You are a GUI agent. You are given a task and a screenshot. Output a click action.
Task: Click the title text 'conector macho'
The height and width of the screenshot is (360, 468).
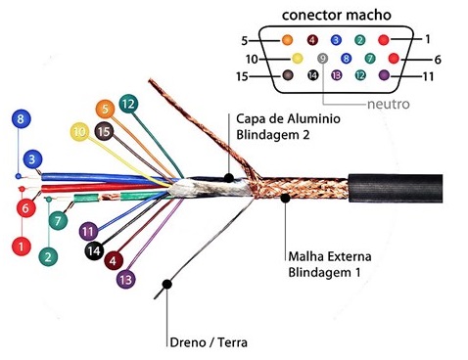click(336, 15)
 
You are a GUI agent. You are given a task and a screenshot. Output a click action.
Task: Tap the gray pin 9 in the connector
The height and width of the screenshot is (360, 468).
click(322, 59)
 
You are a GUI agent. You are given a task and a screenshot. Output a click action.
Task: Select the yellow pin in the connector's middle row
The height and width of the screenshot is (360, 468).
click(297, 59)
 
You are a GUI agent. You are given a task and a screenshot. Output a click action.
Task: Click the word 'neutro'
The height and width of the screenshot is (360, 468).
click(389, 104)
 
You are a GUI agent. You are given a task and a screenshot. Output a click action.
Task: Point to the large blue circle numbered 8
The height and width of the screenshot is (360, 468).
click(21, 118)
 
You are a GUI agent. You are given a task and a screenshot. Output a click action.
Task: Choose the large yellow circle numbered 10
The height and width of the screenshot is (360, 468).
click(79, 132)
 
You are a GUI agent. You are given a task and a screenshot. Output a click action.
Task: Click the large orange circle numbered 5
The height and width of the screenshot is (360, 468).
click(105, 109)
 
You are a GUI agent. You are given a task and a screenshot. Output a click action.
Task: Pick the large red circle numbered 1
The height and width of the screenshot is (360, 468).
click(22, 247)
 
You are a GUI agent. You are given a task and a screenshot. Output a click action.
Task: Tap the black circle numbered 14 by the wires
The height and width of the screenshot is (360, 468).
click(94, 250)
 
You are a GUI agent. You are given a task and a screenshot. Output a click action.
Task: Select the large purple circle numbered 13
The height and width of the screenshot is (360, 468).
click(126, 279)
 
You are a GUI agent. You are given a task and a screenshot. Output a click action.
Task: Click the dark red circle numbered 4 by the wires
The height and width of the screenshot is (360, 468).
click(114, 260)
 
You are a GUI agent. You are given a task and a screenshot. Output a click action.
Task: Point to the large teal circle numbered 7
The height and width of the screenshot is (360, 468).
click(58, 220)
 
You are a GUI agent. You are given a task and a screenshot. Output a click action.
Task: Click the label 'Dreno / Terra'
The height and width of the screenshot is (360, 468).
click(209, 342)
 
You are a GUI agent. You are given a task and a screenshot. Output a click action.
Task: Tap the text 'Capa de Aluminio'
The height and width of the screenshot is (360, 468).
click(288, 119)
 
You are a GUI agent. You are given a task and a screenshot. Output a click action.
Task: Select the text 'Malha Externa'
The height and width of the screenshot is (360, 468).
click(330, 256)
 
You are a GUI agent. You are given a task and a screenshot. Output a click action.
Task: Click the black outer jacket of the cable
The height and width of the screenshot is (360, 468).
click(396, 189)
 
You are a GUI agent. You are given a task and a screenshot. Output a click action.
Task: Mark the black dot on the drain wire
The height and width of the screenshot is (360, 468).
click(166, 285)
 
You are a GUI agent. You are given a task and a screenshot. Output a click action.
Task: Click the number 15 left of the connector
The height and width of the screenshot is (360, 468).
click(242, 77)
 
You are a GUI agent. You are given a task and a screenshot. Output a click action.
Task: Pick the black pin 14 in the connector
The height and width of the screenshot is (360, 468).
click(312, 75)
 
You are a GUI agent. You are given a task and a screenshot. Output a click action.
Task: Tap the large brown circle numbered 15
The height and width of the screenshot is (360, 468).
click(104, 131)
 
